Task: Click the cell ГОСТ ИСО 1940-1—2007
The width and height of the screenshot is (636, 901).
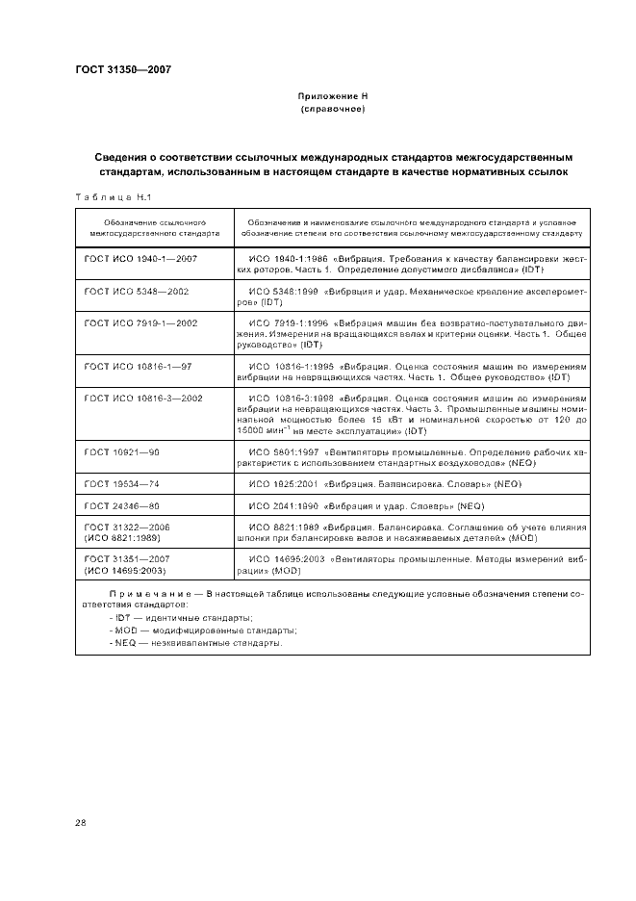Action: click(140, 260)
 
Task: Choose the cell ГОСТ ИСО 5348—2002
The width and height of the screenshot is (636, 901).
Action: click(136, 290)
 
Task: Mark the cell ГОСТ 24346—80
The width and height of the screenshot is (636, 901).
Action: click(121, 504)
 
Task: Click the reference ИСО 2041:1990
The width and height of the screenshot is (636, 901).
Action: click(282, 504)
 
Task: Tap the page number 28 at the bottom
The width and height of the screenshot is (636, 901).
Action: click(80, 822)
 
